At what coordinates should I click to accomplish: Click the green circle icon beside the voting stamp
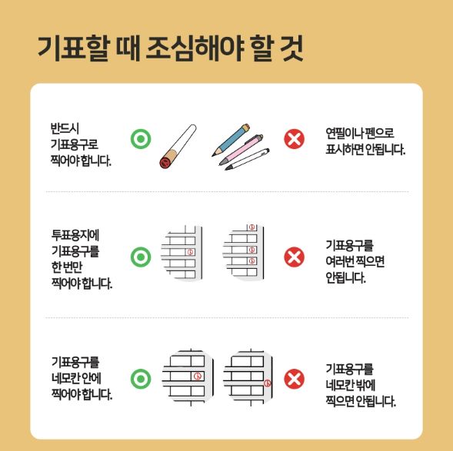(x=139, y=140)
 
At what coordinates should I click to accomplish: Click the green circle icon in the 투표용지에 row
(x=139, y=257)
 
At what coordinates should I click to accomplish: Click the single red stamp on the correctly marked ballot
(x=191, y=252)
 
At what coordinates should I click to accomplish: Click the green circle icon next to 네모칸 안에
(x=139, y=378)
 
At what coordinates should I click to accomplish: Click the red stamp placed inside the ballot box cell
(x=198, y=376)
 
